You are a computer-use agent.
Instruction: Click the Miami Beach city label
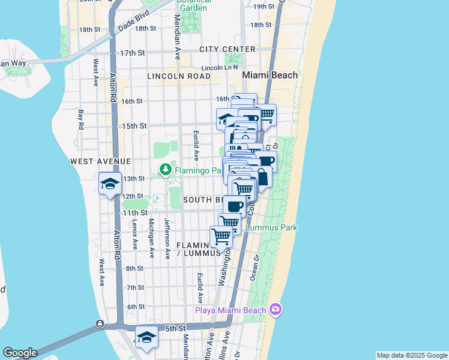click(270, 75)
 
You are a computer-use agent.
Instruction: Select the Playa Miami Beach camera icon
click(276, 310)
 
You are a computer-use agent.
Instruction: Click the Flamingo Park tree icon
click(164, 170)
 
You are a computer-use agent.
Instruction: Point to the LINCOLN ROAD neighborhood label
click(178, 76)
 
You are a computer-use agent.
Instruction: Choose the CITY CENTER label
click(228, 49)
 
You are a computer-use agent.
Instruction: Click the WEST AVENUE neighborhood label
click(100, 161)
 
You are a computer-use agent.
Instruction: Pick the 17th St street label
click(133, 53)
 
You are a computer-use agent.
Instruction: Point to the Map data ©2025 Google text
click(411, 355)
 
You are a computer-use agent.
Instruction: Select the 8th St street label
click(134, 269)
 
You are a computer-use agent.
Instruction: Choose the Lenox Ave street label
click(134, 235)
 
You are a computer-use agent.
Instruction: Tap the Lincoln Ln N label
click(220, 68)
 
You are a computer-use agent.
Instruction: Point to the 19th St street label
click(264, 7)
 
